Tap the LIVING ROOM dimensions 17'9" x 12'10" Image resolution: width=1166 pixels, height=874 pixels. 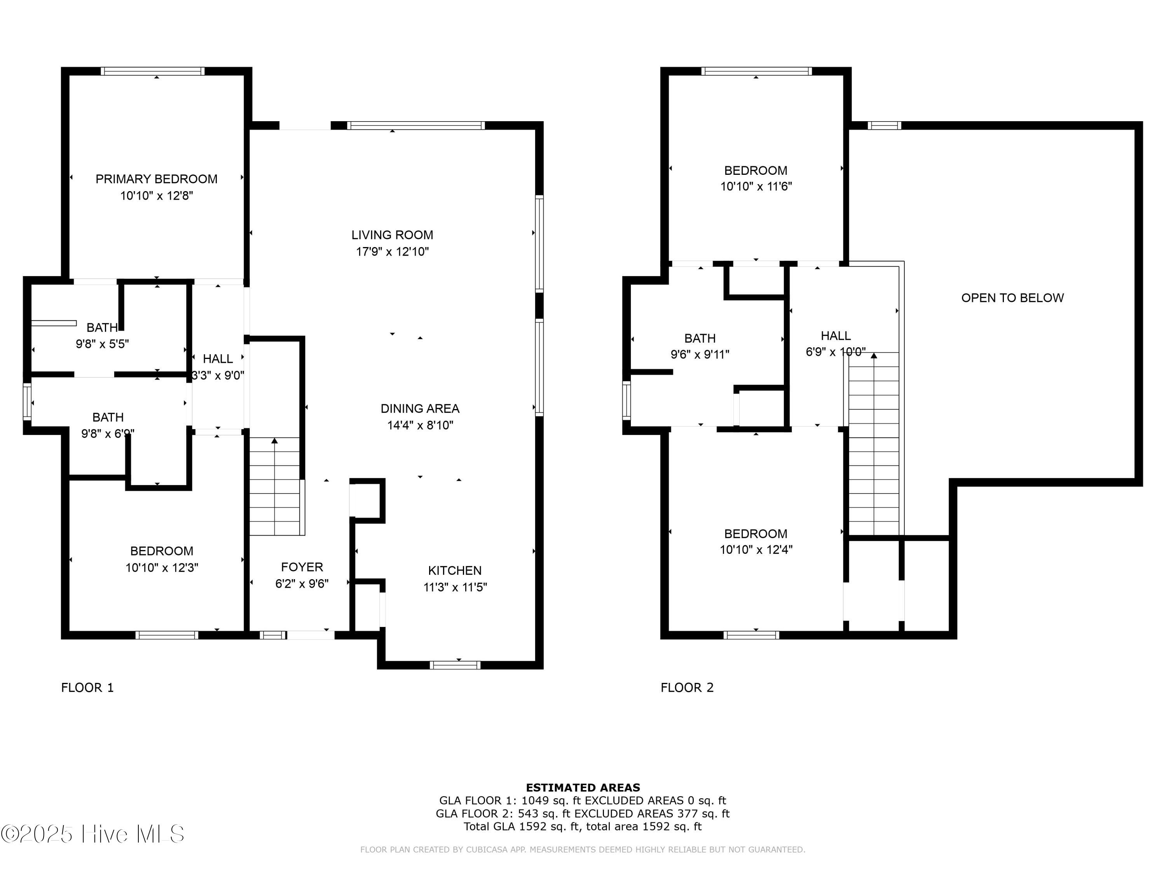[392, 252]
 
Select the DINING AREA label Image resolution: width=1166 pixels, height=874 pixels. [420, 408]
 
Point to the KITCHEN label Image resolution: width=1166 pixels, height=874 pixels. [454, 571]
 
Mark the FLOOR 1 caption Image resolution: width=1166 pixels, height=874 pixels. [87, 688]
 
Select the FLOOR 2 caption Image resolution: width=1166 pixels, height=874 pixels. [687, 688]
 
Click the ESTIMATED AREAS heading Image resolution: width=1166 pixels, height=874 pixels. [583, 788]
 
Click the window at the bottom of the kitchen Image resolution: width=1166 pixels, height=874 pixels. [455, 665]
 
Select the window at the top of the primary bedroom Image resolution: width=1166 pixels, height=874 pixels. [153, 71]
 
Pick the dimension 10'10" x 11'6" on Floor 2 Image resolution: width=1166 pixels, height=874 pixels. [756, 186]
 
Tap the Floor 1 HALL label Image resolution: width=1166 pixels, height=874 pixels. [218, 359]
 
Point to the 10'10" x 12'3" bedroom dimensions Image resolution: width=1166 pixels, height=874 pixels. [162, 568]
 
